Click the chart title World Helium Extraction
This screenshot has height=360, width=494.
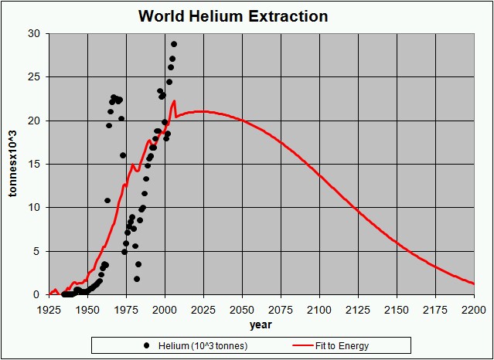point(233,16)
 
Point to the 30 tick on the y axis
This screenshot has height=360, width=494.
point(35,34)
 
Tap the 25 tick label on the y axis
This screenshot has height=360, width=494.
point(35,77)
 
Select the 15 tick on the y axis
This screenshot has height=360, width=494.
point(35,165)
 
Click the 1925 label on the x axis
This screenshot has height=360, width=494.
point(49,309)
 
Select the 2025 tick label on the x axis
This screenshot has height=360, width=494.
point(203,309)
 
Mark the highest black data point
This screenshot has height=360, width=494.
point(174,44)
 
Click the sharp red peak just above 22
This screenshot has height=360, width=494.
point(175,100)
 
